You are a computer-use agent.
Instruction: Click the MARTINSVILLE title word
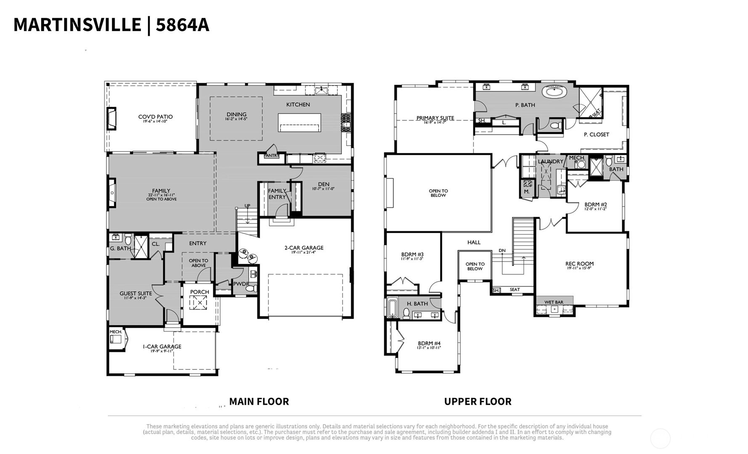click(77, 24)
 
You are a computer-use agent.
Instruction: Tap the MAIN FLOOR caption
click(259, 401)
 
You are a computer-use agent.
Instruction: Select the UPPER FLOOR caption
click(477, 401)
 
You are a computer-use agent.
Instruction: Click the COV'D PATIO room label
click(155, 117)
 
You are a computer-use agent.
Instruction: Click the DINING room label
click(236, 114)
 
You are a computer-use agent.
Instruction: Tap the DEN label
click(324, 184)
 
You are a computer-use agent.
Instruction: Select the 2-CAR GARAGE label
click(304, 248)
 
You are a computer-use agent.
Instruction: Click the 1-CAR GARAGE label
click(162, 347)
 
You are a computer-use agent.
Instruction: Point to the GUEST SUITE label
click(135, 294)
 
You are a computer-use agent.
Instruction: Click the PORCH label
click(199, 292)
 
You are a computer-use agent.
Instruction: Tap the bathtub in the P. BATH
click(554, 91)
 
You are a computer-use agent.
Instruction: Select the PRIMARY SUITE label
click(435, 118)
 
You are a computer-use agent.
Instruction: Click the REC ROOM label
click(579, 264)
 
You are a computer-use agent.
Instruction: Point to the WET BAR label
click(554, 302)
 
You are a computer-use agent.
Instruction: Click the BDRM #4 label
click(429, 343)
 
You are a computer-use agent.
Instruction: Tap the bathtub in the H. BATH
click(392, 308)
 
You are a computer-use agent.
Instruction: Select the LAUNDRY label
click(550, 162)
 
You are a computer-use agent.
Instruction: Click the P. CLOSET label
click(596, 135)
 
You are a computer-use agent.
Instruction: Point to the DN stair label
click(502, 251)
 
